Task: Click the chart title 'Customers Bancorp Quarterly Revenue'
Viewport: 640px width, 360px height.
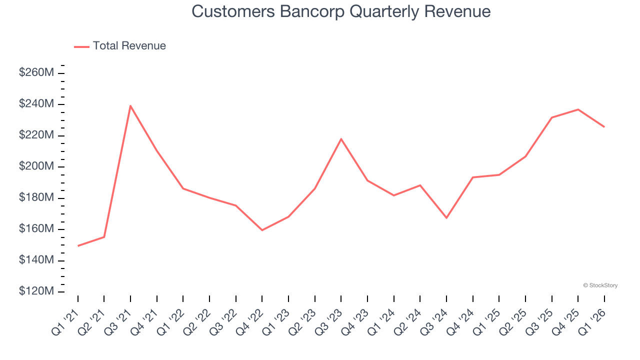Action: (341, 11)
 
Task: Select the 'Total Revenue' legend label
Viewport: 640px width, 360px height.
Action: (129, 46)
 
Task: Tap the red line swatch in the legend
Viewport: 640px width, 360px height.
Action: (81, 46)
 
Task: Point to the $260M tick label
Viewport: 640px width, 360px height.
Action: (36, 73)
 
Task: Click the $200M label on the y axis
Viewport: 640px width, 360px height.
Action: (36, 166)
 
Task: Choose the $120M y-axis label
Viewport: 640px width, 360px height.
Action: (36, 291)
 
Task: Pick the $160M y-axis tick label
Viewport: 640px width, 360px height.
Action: (36, 229)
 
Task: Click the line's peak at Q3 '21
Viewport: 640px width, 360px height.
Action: (130, 105)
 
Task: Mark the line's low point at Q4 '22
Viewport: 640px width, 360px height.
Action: (262, 230)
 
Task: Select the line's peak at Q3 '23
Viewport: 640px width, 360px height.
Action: (341, 138)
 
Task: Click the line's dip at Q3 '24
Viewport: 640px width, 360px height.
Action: (446, 218)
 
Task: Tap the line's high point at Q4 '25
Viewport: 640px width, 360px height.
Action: (578, 109)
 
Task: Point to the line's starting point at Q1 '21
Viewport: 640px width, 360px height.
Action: (78, 246)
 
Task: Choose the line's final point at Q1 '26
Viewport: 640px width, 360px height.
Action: (604, 127)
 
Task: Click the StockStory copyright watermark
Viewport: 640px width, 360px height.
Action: (600, 285)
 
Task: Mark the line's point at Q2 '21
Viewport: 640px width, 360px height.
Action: (104, 237)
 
